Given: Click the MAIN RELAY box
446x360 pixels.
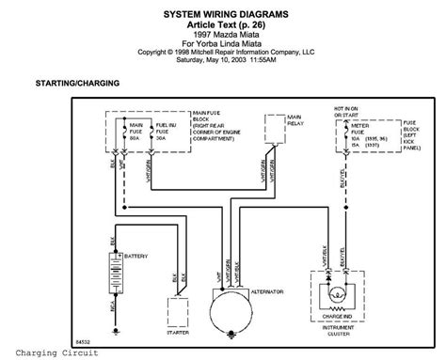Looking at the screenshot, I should click(274, 128).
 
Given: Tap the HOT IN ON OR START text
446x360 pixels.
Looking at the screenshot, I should click(346, 114).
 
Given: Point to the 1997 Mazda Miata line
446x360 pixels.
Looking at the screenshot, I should click(222, 35).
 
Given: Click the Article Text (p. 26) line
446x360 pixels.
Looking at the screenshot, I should click(222, 25).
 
